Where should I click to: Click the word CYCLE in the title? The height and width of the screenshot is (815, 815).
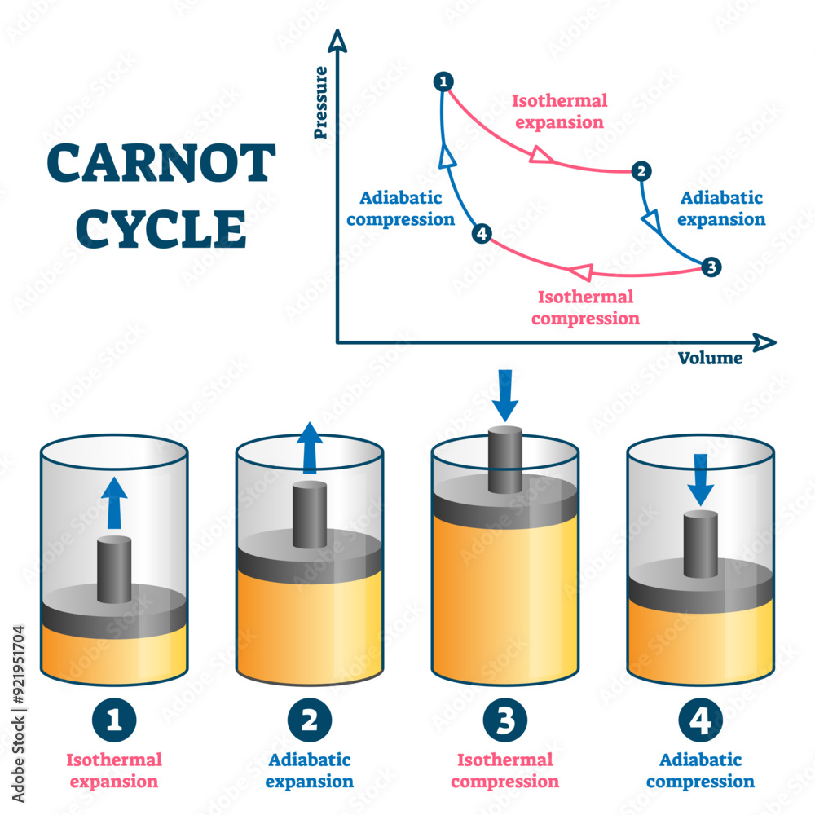click(161, 229)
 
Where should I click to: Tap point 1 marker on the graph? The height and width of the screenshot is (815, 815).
click(443, 81)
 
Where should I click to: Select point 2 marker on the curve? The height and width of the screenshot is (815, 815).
click(641, 171)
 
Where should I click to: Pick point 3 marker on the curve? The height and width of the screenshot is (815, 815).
click(711, 267)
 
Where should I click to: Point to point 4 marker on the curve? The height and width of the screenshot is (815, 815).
click(482, 235)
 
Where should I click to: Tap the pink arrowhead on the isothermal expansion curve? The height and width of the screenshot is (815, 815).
click(540, 153)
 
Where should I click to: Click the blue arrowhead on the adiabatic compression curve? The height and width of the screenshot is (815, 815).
click(446, 156)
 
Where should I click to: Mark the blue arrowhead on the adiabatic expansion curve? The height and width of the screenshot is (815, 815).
click(652, 220)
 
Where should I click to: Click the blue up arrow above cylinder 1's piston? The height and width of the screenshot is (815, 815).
click(115, 502)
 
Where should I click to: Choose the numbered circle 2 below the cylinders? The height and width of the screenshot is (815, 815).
click(310, 720)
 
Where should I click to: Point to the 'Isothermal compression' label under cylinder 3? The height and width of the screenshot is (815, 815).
click(505, 771)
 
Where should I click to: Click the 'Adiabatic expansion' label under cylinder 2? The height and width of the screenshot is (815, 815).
click(310, 771)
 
